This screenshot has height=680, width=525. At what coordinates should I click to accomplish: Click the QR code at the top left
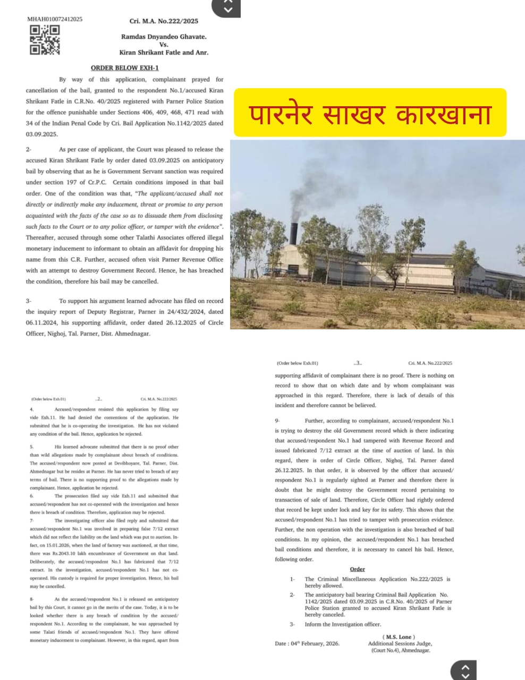click(44, 40)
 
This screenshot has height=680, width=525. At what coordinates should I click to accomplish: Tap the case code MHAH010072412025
click(55, 19)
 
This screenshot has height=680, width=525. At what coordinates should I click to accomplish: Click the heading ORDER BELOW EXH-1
click(124, 68)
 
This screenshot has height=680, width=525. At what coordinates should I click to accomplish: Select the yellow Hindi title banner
click(370, 113)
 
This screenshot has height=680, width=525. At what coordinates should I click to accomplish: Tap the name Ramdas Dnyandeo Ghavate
click(163, 37)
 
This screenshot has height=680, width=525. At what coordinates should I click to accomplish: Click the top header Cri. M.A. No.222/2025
click(163, 21)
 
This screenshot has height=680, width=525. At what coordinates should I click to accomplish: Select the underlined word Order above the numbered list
click(357, 569)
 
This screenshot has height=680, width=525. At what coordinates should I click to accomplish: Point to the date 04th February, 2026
click(307, 643)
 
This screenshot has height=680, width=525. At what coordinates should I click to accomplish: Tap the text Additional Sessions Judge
click(399, 643)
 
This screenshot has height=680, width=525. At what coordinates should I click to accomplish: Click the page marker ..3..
click(358, 363)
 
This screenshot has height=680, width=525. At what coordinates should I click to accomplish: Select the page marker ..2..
click(99, 398)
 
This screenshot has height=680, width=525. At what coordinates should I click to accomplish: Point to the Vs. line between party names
click(164, 45)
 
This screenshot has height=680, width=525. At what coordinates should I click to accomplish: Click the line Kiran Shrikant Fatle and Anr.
click(164, 53)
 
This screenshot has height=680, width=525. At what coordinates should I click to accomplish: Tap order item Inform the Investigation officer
click(343, 624)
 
